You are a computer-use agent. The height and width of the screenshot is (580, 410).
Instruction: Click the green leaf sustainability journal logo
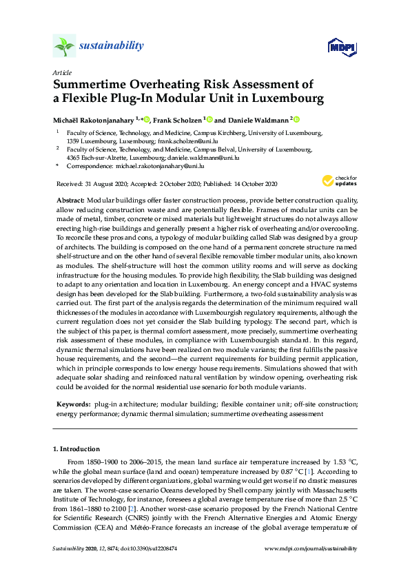(64, 46)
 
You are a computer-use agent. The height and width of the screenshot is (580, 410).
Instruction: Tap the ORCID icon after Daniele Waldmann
(297, 119)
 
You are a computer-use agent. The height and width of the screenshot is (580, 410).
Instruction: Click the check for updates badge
(337, 181)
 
